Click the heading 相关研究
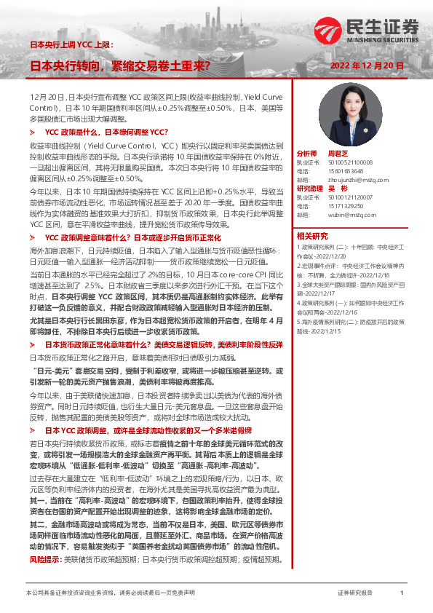(x=313, y=235)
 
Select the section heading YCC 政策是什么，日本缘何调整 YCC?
(x=107, y=132)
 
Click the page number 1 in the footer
(x=402, y=593)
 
